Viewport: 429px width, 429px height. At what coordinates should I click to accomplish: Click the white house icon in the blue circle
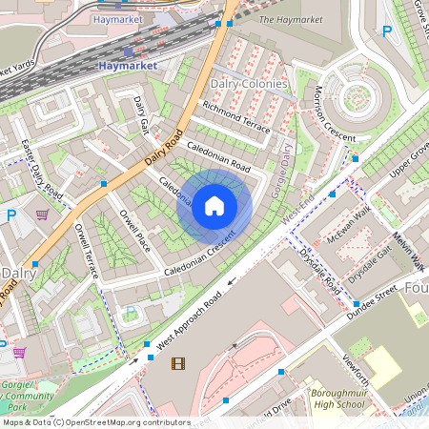(214, 205)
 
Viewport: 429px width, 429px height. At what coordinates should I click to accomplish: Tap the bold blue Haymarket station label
(128, 66)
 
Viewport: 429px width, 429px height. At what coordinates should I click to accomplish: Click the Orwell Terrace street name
(87, 250)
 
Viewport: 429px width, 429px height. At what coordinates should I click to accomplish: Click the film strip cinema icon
(177, 362)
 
